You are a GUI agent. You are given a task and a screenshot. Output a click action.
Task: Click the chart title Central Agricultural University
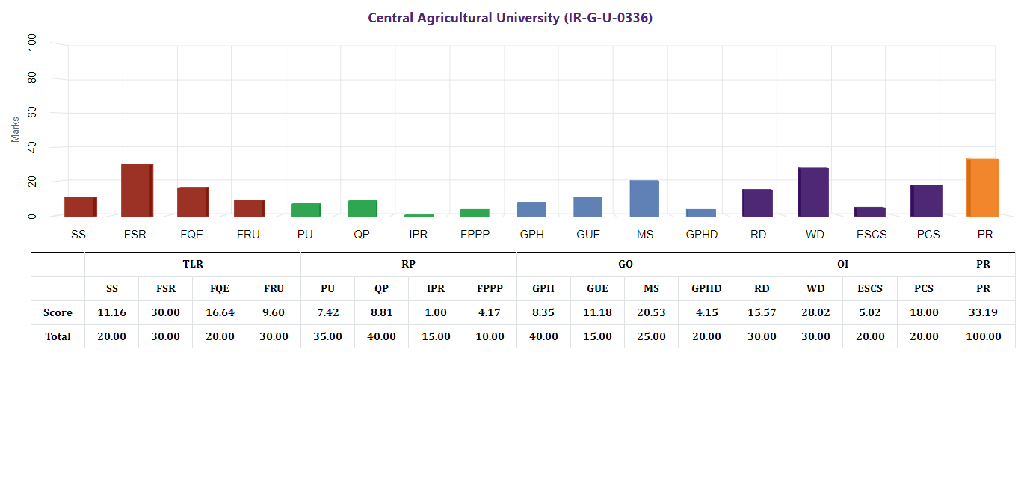click(510, 18)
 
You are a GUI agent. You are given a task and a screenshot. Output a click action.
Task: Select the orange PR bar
click(983, 188)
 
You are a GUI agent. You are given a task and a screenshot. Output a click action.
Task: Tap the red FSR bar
click(137, 191)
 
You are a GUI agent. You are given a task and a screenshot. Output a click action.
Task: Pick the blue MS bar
click(644, 199)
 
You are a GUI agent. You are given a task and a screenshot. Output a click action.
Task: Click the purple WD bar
click(813, 192)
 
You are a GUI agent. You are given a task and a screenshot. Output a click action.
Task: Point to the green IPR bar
click(419, 215)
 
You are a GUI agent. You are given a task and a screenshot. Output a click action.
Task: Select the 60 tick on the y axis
click(31, 113)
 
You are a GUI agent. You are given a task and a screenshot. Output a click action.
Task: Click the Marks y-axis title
click(16, 129)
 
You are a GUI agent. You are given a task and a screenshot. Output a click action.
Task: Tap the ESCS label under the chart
click(872, 235)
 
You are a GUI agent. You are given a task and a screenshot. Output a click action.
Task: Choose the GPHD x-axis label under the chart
click(701, 235)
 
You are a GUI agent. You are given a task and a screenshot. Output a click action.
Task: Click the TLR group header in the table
click(193, 265)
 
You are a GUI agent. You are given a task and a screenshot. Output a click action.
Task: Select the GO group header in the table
click(626, 265)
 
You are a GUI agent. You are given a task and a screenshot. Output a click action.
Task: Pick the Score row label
click(58, 312)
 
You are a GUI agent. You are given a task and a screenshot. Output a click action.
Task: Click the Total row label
click(58, 336)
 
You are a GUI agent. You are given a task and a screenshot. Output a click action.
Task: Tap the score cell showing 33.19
click(983, 312)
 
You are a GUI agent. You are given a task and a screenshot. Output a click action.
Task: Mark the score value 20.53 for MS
click(650, 312)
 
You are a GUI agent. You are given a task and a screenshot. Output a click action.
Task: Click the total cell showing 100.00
click(983, 336)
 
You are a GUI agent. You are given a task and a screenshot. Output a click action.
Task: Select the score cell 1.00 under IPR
click(436, 312)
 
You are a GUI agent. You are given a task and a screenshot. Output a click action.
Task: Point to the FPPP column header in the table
click(490, 288)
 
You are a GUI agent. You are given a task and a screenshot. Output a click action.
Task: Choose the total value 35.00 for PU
click(327, 336)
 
